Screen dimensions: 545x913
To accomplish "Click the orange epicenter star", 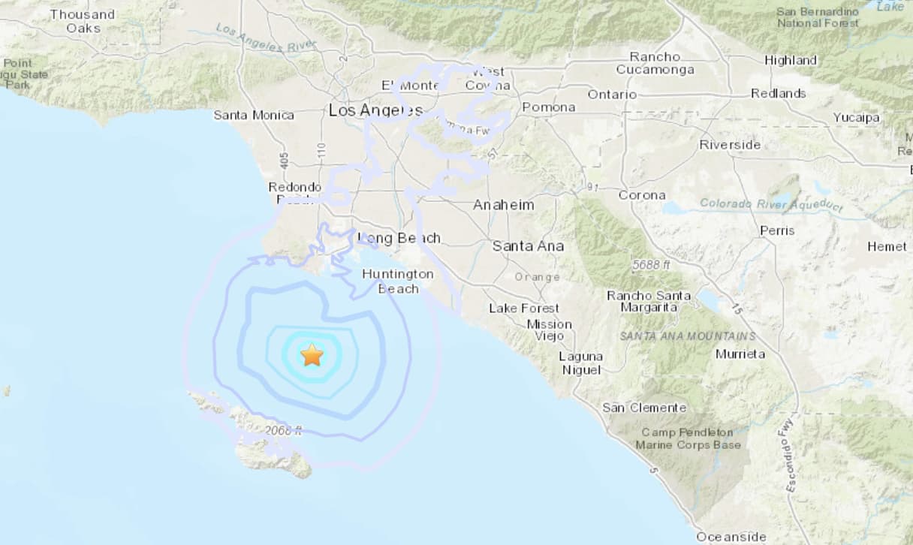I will coord(312,354).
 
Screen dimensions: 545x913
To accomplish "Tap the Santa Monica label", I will coord(254,115).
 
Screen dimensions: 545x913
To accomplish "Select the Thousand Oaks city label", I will coord(83,21).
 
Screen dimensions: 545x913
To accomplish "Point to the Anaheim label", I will coord(504,205).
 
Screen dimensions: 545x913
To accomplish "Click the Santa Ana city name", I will coord(528,245).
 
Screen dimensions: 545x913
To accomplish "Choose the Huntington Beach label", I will coord(398,281).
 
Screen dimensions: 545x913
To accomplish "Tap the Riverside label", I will coord(730,145).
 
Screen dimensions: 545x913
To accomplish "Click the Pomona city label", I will coord(548,107).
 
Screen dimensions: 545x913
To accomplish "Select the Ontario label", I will coord(612,95).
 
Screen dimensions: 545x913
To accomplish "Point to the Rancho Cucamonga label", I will coord(655,63).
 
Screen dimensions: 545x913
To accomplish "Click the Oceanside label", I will coord(731,537).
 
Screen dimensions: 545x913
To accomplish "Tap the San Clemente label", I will coord(644,408).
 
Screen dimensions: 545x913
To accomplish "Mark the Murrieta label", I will coord(740,354).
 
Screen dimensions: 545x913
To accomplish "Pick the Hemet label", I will coord(887,246).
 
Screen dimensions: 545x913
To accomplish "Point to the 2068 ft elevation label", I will coord(284,430).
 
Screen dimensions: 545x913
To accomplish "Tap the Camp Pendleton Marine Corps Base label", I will coord(688,438).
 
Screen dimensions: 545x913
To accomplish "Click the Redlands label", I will coord(779,93).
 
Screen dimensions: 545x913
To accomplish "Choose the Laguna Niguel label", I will coord(580,363).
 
